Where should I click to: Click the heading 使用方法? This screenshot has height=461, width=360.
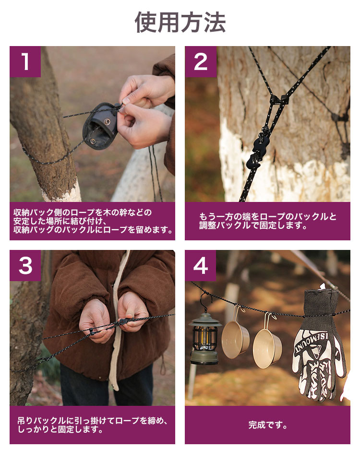[x=180, y=23]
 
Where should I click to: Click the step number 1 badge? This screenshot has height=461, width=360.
[x=25, y=62]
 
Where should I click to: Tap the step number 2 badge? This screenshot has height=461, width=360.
[x=201, y=62]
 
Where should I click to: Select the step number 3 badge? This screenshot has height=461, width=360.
[x=25, y=266]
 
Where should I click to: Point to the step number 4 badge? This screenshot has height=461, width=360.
[x=201, y=266]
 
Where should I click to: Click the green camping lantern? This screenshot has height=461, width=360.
[x=205, y=338]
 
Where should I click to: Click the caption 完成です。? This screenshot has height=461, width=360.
[x=268, y=425]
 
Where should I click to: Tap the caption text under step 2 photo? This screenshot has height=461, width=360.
[x=268, y=221]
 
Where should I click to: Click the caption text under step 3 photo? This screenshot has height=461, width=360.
[x=92, y=425]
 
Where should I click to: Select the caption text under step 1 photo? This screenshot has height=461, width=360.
[x=93, y=221]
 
